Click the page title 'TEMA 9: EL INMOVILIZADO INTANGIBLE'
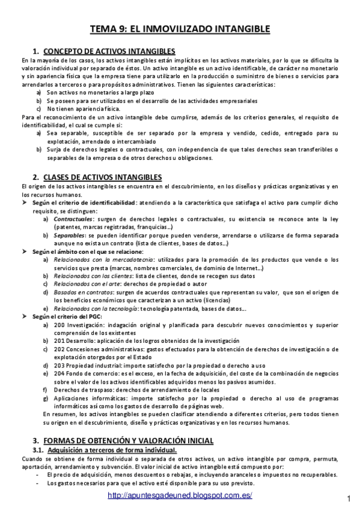(180, 28)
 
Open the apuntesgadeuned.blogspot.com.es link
(180, 495)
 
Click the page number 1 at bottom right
(349, 499)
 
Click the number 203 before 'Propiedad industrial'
(59, 364)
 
